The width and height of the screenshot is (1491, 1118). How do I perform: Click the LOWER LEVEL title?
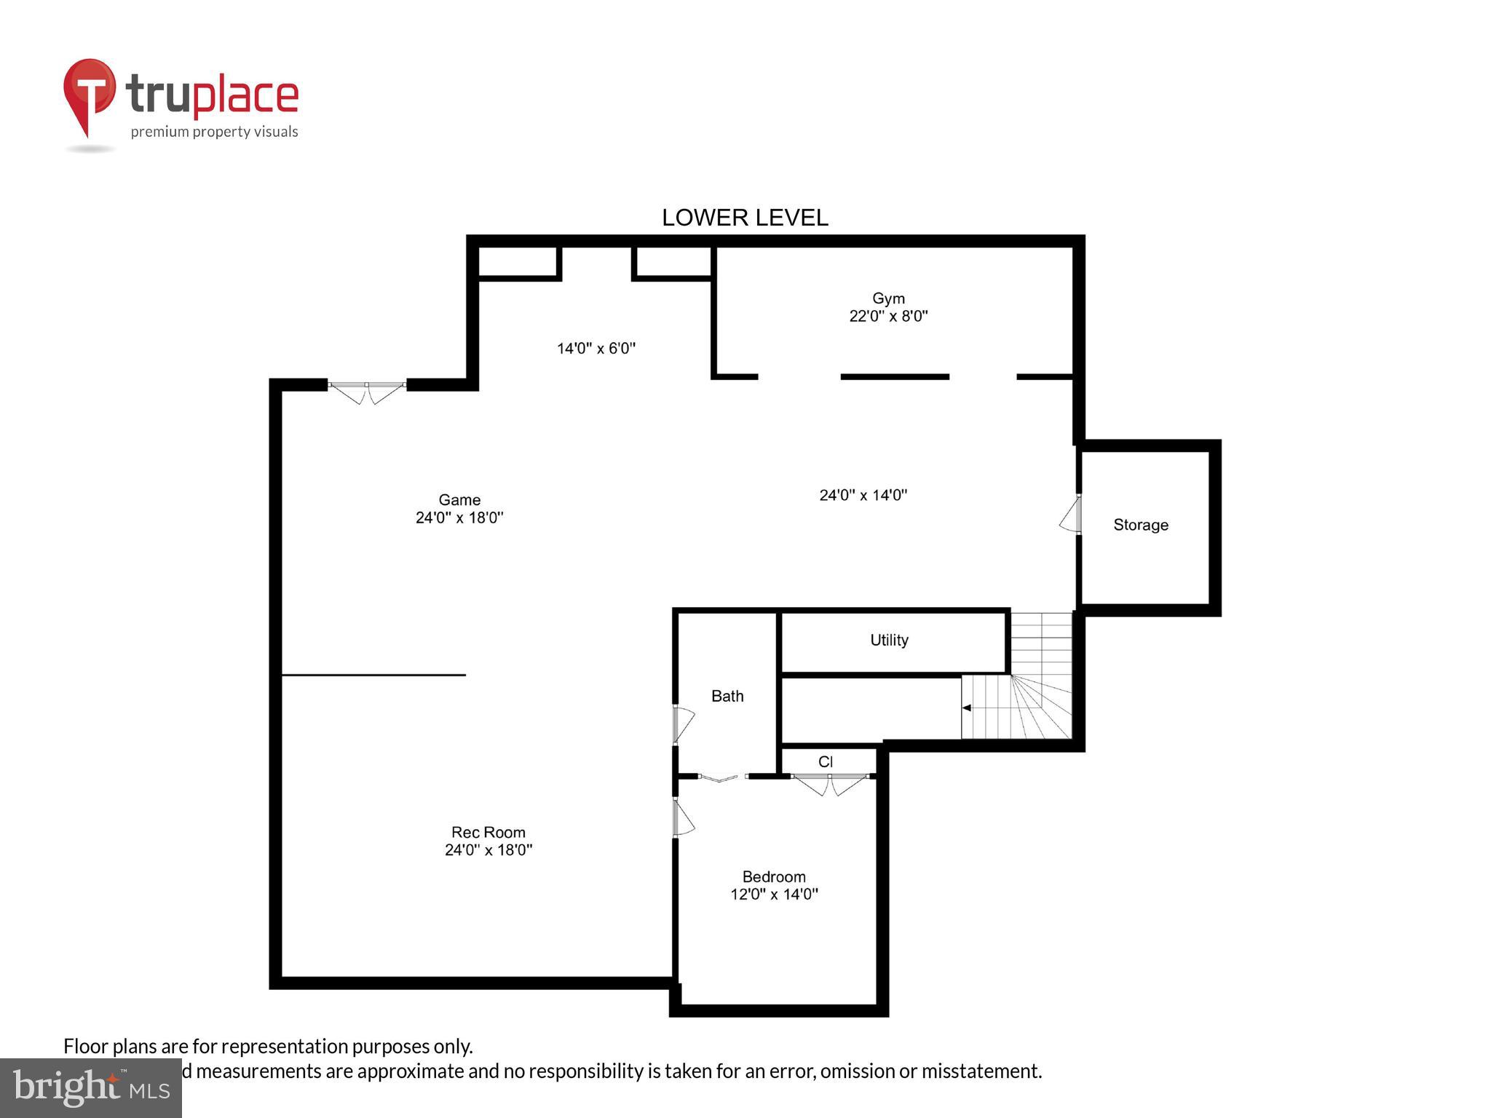click(x=744, y=218)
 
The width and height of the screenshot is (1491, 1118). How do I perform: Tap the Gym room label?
click(x=888, y=298)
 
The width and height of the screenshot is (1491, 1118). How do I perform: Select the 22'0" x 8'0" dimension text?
click(x=888, y=316)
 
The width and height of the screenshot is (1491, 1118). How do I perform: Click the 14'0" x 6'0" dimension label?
click(x=596, y=349)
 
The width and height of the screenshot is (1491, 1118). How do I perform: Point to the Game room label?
click(x=459, y=500)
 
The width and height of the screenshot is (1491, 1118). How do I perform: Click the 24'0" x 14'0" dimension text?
click(x=863, y=496)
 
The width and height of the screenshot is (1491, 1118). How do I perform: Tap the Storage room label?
click(x=1140, y=525)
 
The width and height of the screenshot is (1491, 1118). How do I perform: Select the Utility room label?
click(x=889, y=640)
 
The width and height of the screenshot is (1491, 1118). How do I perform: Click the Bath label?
click(x=727, y=697)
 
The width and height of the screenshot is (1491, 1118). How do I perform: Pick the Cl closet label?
click(x=825, y=762)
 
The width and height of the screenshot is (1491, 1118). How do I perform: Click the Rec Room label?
click(x=488, y=833)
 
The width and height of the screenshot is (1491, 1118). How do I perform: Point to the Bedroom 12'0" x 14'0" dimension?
click(x=774, y=895)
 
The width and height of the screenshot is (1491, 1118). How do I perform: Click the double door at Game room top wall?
click(x=367, y=392)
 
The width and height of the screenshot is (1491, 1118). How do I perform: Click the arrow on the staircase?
click(x=967, y=707)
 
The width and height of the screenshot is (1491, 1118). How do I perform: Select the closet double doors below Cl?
click(x=830, y=784)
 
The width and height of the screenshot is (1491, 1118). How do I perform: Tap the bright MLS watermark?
click(x=91, y=1087)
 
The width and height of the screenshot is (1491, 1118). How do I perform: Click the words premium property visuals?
click(x=214, y=132)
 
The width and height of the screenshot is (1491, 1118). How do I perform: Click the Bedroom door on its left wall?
click(x=683, y=818)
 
